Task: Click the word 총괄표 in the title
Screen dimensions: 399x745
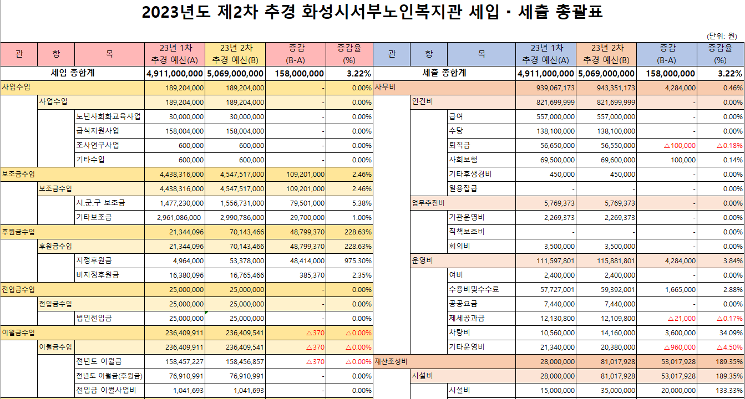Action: coord(578,13)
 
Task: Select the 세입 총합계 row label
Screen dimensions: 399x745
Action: coord(73,73)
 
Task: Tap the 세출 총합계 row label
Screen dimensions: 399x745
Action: coord(444,73)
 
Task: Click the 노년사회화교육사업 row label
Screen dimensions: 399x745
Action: coord(108,117)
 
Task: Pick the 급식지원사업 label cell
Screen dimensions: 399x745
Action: coord(97,131)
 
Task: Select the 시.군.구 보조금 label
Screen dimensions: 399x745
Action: coord(100,203)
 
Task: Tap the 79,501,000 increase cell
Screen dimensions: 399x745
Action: coord(303,203)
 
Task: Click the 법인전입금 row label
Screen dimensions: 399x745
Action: coord(94,319)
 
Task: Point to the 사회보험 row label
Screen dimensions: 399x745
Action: coord(463,160)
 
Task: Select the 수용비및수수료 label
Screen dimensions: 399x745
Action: coord(474,290)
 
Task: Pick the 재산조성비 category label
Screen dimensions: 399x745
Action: coord(391,362)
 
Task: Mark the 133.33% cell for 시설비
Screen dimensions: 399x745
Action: coord(728,391)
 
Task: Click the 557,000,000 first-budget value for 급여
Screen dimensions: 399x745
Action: coord(552,117)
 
